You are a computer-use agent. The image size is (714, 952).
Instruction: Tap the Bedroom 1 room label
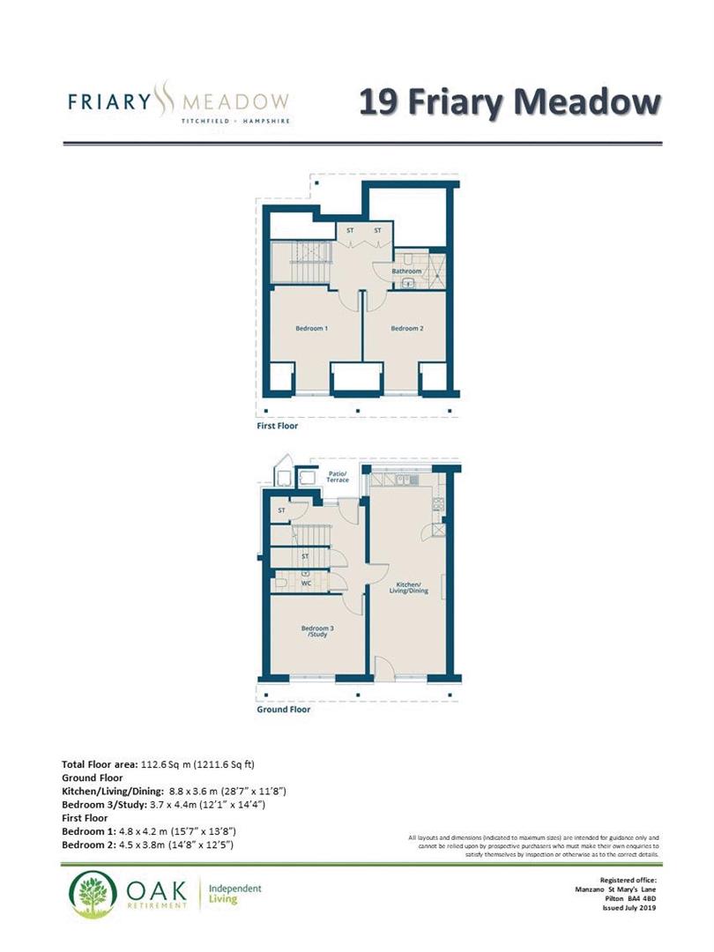[x=312, y=329]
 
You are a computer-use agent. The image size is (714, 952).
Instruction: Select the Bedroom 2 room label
[x=407, y=329]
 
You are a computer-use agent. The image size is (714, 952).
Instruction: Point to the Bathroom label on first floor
[x=406, y=271]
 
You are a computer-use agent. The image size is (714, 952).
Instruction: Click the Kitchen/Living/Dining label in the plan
[x=411, y=588]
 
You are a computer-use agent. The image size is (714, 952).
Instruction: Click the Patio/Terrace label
[x=338, y=476]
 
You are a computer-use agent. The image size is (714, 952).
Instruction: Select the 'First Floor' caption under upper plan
[x=277, y=426]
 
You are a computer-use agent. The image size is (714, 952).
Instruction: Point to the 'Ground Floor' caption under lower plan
[x=283, y=709]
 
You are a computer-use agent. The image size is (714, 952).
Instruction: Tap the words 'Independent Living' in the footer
[x=235, y=895]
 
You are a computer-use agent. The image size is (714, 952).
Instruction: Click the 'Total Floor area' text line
[x=158, y=763]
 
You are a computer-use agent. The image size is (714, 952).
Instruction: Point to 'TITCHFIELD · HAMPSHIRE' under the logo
[x=235, y=121]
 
